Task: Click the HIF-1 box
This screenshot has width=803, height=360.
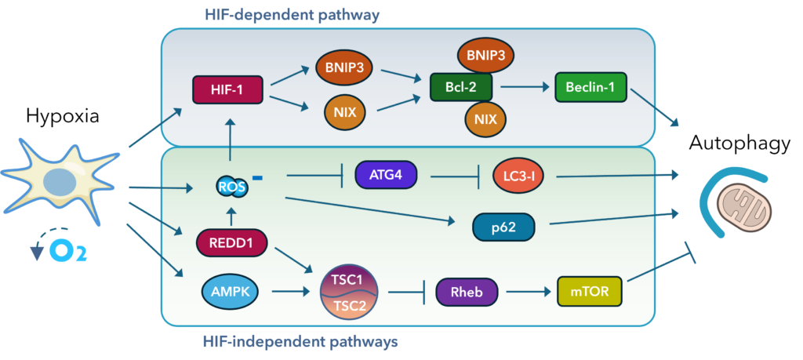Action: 227,89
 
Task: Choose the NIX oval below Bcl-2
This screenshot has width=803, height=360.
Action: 484,120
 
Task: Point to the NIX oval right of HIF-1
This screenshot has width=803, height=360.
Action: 345,112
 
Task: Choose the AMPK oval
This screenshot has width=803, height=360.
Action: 227,292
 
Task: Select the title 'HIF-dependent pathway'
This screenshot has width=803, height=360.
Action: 292,13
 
